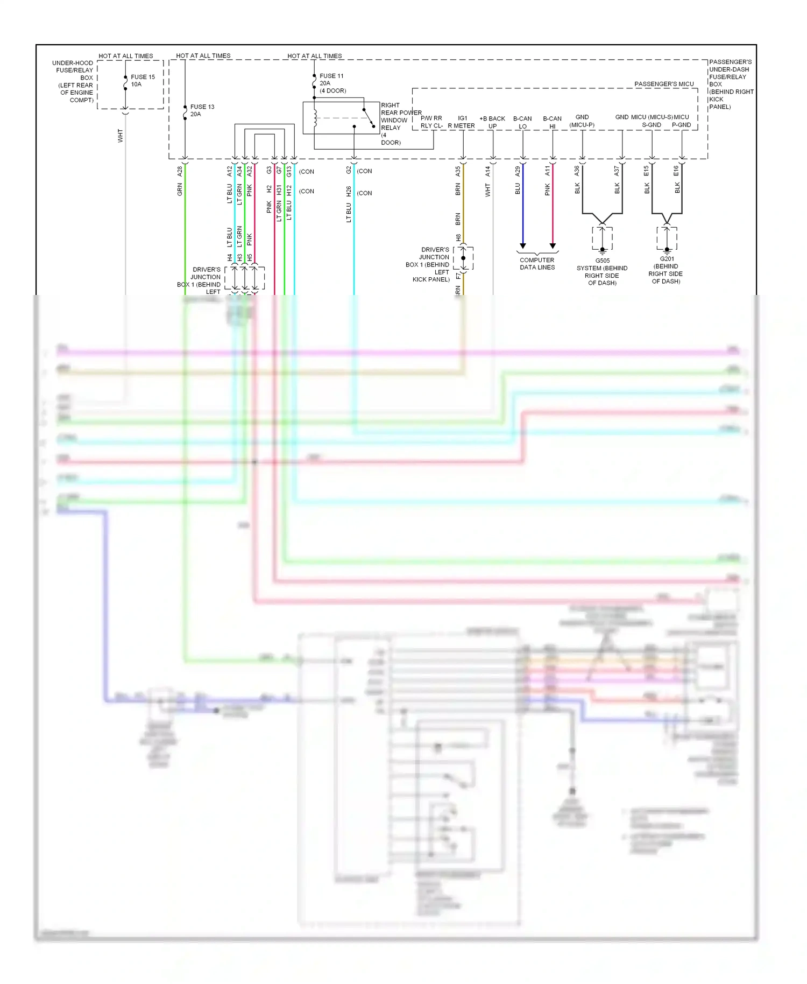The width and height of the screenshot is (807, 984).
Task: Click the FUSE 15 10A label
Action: pos(142,80)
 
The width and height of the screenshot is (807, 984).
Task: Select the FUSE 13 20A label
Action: pos(202,110)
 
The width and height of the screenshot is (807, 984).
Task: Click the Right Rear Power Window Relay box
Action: pos(341,118)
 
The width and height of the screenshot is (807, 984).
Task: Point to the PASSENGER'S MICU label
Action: pos(664,84)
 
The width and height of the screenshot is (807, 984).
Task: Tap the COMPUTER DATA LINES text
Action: pos(537,264)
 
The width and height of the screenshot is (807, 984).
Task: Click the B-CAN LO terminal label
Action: pos(522,122)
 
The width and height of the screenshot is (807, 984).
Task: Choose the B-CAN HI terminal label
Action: pos(552,122)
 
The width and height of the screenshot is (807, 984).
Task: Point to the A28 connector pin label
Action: pos(180,171)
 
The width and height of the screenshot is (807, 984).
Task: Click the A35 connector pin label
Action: pos(458,171)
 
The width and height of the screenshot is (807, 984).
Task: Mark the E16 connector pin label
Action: pos(677,171)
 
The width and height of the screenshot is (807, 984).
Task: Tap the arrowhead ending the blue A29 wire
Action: pos(522,246)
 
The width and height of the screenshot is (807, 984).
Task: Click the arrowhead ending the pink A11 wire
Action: pos(553,246)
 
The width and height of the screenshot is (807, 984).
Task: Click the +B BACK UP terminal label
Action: pos(492,122)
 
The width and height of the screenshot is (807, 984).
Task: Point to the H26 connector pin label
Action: pos(349,191)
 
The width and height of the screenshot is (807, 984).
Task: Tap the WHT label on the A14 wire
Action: pos(487,190)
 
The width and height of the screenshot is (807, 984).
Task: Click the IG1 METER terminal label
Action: pos(462,122)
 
